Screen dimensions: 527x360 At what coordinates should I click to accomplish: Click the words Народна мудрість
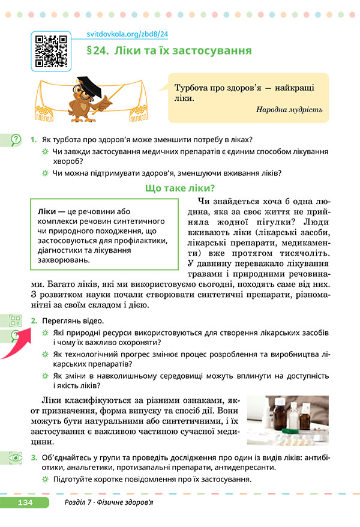tap(289, 110)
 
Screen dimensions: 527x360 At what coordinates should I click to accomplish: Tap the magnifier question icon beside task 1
tap(14, 140)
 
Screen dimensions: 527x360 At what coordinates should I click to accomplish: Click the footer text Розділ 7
tap(76, 502)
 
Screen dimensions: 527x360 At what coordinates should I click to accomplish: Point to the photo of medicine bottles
tap(287, 420)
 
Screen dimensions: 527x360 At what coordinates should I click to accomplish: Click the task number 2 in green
tap(34, 322)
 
